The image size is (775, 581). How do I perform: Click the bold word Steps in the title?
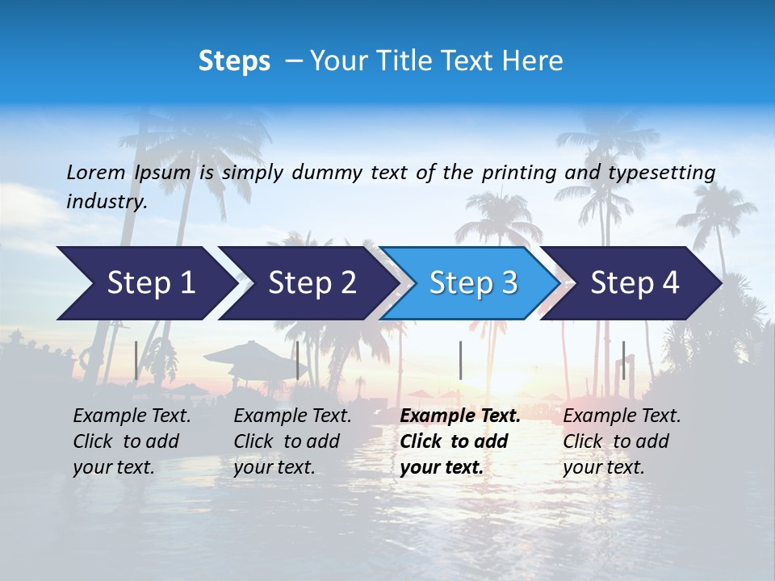coord(234,61)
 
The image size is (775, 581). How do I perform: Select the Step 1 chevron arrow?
coord(145,283)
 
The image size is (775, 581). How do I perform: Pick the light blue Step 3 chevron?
coord(472,283)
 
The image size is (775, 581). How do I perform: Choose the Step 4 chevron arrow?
coord(634,283)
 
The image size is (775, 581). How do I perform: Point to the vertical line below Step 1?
coord(136,360)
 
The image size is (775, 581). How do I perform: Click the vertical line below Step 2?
coord(298,360)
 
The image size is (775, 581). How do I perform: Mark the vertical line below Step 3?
coord(460,360)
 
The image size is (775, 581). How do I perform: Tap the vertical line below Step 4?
coord(623,360)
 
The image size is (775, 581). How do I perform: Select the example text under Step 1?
coord(132,441)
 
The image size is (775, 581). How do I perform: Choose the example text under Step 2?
coord(292,441)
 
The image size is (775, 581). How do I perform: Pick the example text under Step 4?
coord(622,441)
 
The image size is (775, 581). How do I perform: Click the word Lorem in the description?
coord(96,172)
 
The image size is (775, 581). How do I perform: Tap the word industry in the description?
coord(106,202)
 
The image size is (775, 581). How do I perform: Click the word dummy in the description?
coord(326,173)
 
